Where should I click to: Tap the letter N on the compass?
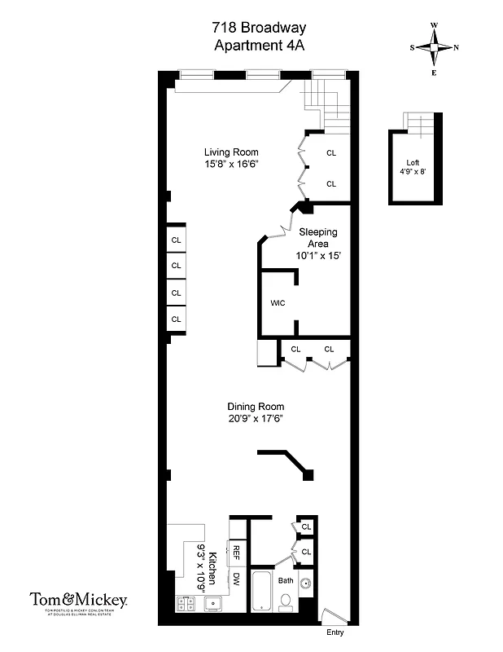[x=456, y=47]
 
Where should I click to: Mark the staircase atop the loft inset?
[x=421, y=124]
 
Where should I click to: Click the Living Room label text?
[x=231, y=152]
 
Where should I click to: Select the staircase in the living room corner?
[x=330, y=106]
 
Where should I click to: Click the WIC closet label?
[x=277, y=303]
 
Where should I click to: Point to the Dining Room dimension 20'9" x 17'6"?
[x=255, y=419]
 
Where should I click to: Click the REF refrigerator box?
[x=237, y=552]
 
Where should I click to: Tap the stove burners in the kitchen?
[x=185, y=604]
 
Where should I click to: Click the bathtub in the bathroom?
[x=262, y=593]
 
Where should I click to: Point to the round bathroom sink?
[x=306, y=584]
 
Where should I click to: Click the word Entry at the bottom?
[x=335, y=632]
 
